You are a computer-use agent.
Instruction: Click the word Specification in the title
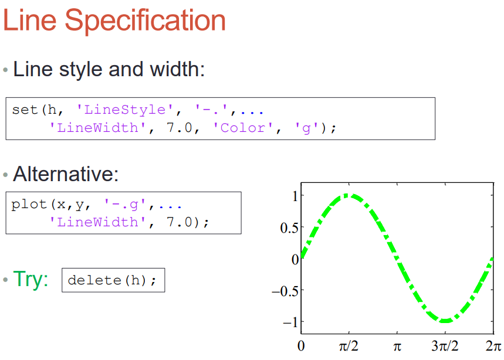[x=146, y=21]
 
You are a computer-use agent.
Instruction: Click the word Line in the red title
[x=30, y=20]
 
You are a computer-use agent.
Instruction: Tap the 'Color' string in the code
[x=243, y=128]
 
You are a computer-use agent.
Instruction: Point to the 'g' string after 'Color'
[x=307, y=128]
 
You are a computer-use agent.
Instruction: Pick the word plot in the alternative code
[x=29, y=205]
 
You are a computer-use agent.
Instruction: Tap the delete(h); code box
[x=113, y=280]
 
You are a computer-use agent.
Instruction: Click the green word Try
[x=31, y=279]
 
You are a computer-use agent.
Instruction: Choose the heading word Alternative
[x=66, y=174]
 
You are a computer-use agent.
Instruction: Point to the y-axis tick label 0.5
[x=289, y=228]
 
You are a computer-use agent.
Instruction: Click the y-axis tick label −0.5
[x=285, y=291]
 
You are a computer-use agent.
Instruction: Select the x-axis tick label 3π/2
[x=445, y=346]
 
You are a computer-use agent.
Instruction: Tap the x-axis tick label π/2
[x=349, y=346]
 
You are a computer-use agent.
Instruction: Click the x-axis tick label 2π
[x=493, y=346]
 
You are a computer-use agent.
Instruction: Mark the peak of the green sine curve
[x=349, y=196]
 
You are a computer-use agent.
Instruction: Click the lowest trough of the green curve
[x=445, y=321]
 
